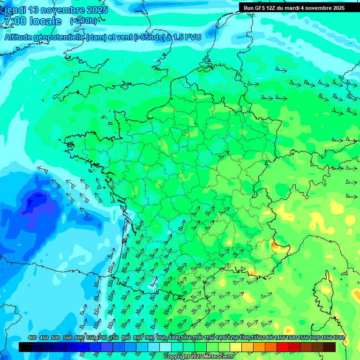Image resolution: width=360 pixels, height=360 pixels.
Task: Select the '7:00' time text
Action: (x=14, y=21)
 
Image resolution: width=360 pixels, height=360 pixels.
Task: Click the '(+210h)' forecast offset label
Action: (x=83, y=21)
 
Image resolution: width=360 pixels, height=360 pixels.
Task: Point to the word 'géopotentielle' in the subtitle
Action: (x=60, y=37)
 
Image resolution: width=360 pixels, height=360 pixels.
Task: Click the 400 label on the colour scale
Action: (x=32, y=338)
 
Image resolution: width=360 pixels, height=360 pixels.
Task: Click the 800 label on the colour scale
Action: (x=126, y=338)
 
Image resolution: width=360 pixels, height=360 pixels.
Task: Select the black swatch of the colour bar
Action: (x=25, y=347)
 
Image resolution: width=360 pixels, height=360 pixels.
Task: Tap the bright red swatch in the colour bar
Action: (x=283, y=347)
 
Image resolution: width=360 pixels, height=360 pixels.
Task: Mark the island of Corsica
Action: (x=324, y=291)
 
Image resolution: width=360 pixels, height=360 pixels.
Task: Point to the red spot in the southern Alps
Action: (x=275, y=244)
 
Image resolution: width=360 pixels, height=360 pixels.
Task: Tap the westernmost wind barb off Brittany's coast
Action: (x=42, y=169)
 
